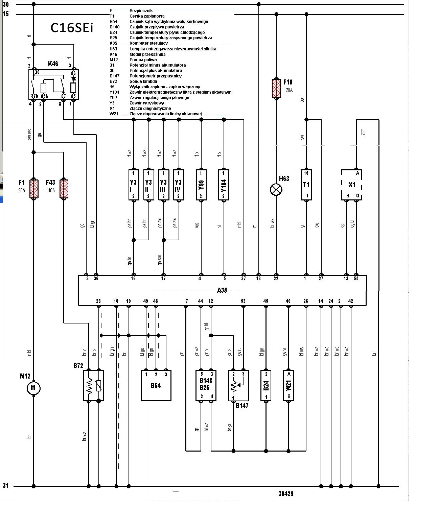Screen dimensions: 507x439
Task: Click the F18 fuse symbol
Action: (x=276, y=89)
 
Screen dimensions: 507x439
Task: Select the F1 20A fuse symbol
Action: (x=34, y=189)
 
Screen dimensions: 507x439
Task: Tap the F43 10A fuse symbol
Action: (x=64, y=189)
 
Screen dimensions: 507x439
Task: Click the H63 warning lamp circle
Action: (x=276, y=190)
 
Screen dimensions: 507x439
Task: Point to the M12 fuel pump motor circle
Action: (x=33, y=388)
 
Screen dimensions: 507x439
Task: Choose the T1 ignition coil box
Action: (x=306, y=185)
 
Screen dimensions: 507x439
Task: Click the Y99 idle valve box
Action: (x=201, y=185)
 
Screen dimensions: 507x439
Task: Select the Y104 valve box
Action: (x=224, y=185)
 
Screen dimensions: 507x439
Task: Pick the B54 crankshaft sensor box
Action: (x=156, y=386)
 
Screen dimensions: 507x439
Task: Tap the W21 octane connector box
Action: (x=288, y=386)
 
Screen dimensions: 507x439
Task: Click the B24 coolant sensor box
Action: (x=266, y=386)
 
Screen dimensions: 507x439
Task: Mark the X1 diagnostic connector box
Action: (x=352, y=185)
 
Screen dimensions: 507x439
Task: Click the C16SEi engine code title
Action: (x=72, y=28)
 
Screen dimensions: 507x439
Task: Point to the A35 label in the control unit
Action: (x=222, y=290)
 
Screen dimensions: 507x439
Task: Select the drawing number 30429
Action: (x=286, y=494)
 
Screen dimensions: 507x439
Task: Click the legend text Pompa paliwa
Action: (x=143, y=60)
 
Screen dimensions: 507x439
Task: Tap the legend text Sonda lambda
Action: (x=143, y=81)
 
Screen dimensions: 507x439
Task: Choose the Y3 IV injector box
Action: (x=179, y=185)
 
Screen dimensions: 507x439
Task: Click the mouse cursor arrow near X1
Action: (x=364, y=133)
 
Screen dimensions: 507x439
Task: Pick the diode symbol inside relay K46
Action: (x=73, y=78)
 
